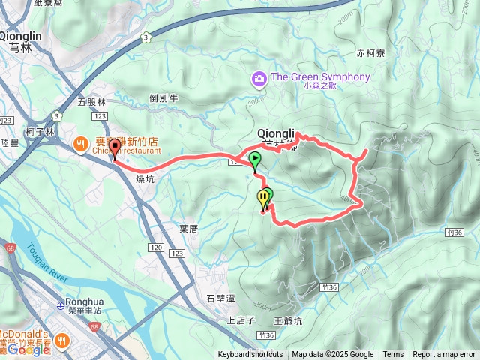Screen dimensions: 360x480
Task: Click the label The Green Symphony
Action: tap(320, 77)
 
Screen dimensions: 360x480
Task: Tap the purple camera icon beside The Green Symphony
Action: tap(259, 78)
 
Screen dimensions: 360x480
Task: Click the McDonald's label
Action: tap(23, 334)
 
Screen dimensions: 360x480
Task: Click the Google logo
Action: tap(28, 349)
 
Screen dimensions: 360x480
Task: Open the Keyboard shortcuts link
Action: tap(250, 355)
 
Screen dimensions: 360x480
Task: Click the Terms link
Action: tap(393, 355)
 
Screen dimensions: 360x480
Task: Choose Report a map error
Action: tap(444, 355)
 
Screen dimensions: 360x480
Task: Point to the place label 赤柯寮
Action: tap(370, 54)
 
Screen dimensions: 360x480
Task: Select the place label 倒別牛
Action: tap(163, 98)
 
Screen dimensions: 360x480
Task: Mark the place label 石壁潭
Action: tap(220, 298)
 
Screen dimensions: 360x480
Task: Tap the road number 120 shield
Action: tap(155, 247)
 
